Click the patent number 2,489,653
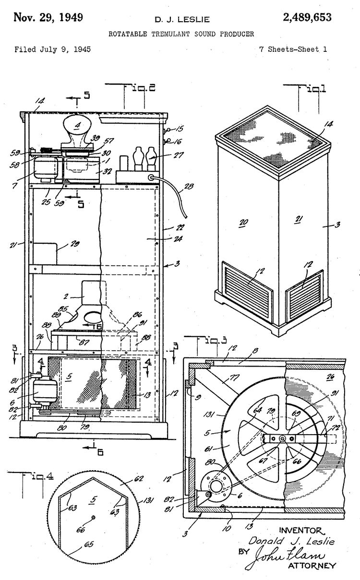307,18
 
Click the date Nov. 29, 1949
48,18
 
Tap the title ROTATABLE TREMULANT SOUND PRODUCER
181,34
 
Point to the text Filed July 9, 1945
52,49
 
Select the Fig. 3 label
211,341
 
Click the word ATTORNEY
312,566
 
